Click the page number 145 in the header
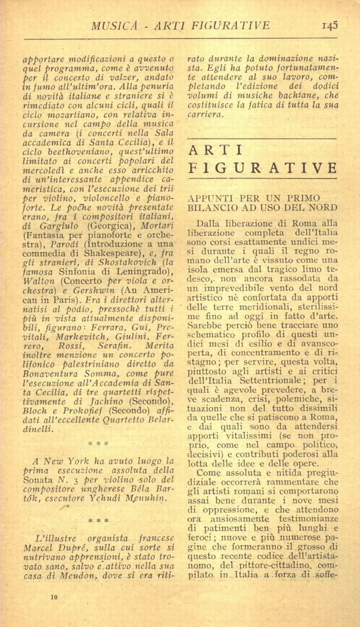[x=330, y=25]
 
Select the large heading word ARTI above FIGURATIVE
[x=216, y=150]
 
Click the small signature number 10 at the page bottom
[x=53, y=595]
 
